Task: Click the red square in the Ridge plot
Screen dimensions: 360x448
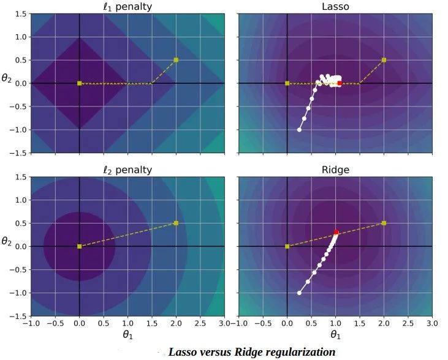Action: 336,233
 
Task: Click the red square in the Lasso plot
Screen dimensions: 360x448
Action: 340,83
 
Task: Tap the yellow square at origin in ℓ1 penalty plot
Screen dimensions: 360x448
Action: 79,83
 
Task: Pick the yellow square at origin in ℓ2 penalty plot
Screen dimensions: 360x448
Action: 79,246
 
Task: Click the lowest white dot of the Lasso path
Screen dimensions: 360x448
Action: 299,130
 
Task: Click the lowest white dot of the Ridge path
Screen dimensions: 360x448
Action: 299,293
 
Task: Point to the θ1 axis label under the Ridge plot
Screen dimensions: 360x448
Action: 335,336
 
